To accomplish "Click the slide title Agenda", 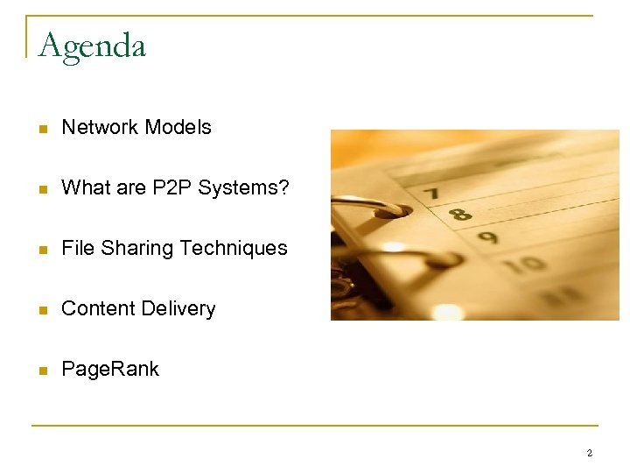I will coord(92,46).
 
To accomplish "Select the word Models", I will coord(178,127).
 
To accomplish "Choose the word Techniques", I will coord(234,249).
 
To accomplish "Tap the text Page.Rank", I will coord(110,370).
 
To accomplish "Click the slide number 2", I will coord(589,453).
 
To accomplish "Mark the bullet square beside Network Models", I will coord(41,129).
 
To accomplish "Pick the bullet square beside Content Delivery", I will coord(41,310).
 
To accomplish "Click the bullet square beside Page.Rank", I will coord(41,371).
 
